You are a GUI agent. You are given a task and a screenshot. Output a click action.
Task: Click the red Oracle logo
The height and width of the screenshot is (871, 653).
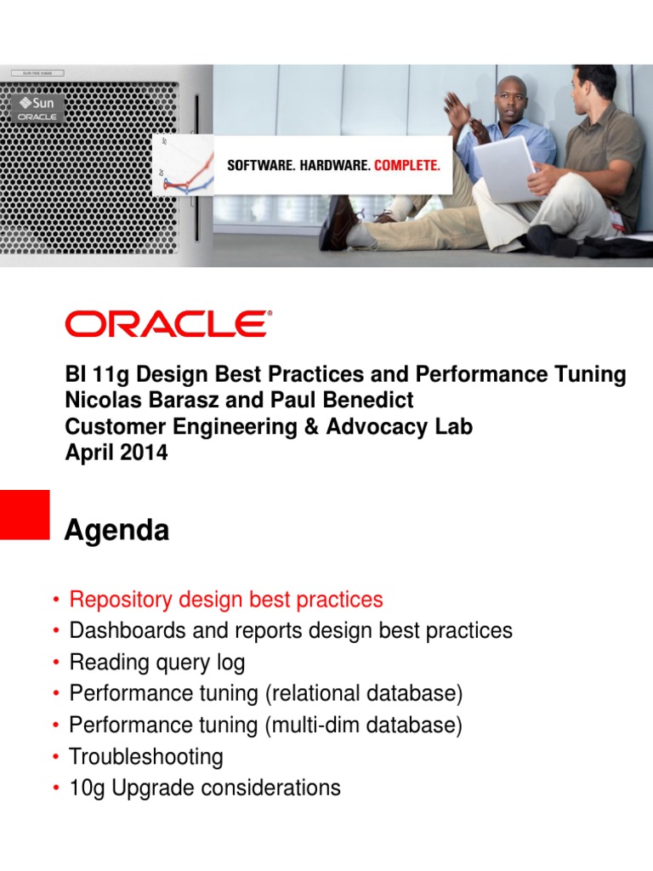[x=168, y=324]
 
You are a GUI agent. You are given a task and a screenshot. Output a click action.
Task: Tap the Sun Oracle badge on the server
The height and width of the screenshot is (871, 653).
[x=37, y=109]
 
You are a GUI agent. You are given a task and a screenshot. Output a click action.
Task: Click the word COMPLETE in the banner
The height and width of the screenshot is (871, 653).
[x=407, y=165]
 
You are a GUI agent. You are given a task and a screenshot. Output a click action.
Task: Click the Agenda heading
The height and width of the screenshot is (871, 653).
[x=116, y=532]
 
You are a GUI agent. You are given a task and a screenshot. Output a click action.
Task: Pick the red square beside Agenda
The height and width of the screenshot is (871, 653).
[x=25, y=514]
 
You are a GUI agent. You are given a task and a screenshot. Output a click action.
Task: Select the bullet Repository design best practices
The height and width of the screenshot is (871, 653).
[x=226, y=600]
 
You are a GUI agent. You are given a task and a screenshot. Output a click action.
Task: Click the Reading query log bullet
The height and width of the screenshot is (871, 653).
[x=157, y=662]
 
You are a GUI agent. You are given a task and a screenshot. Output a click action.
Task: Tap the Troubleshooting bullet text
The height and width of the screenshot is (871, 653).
[x=146, y=756]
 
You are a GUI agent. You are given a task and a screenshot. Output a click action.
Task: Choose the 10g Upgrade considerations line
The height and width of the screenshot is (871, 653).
[x=205, y=788]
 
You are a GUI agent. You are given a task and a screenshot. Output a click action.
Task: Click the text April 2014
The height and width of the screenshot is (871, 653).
[x=116, y=453]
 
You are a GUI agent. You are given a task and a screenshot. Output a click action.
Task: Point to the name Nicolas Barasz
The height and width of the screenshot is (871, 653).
[x=139, y=401]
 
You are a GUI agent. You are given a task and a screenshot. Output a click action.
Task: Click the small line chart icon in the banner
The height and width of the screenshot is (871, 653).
[x=185, y=167]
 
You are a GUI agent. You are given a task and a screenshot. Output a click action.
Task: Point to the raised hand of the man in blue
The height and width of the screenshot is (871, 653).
[x=457, y=110]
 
